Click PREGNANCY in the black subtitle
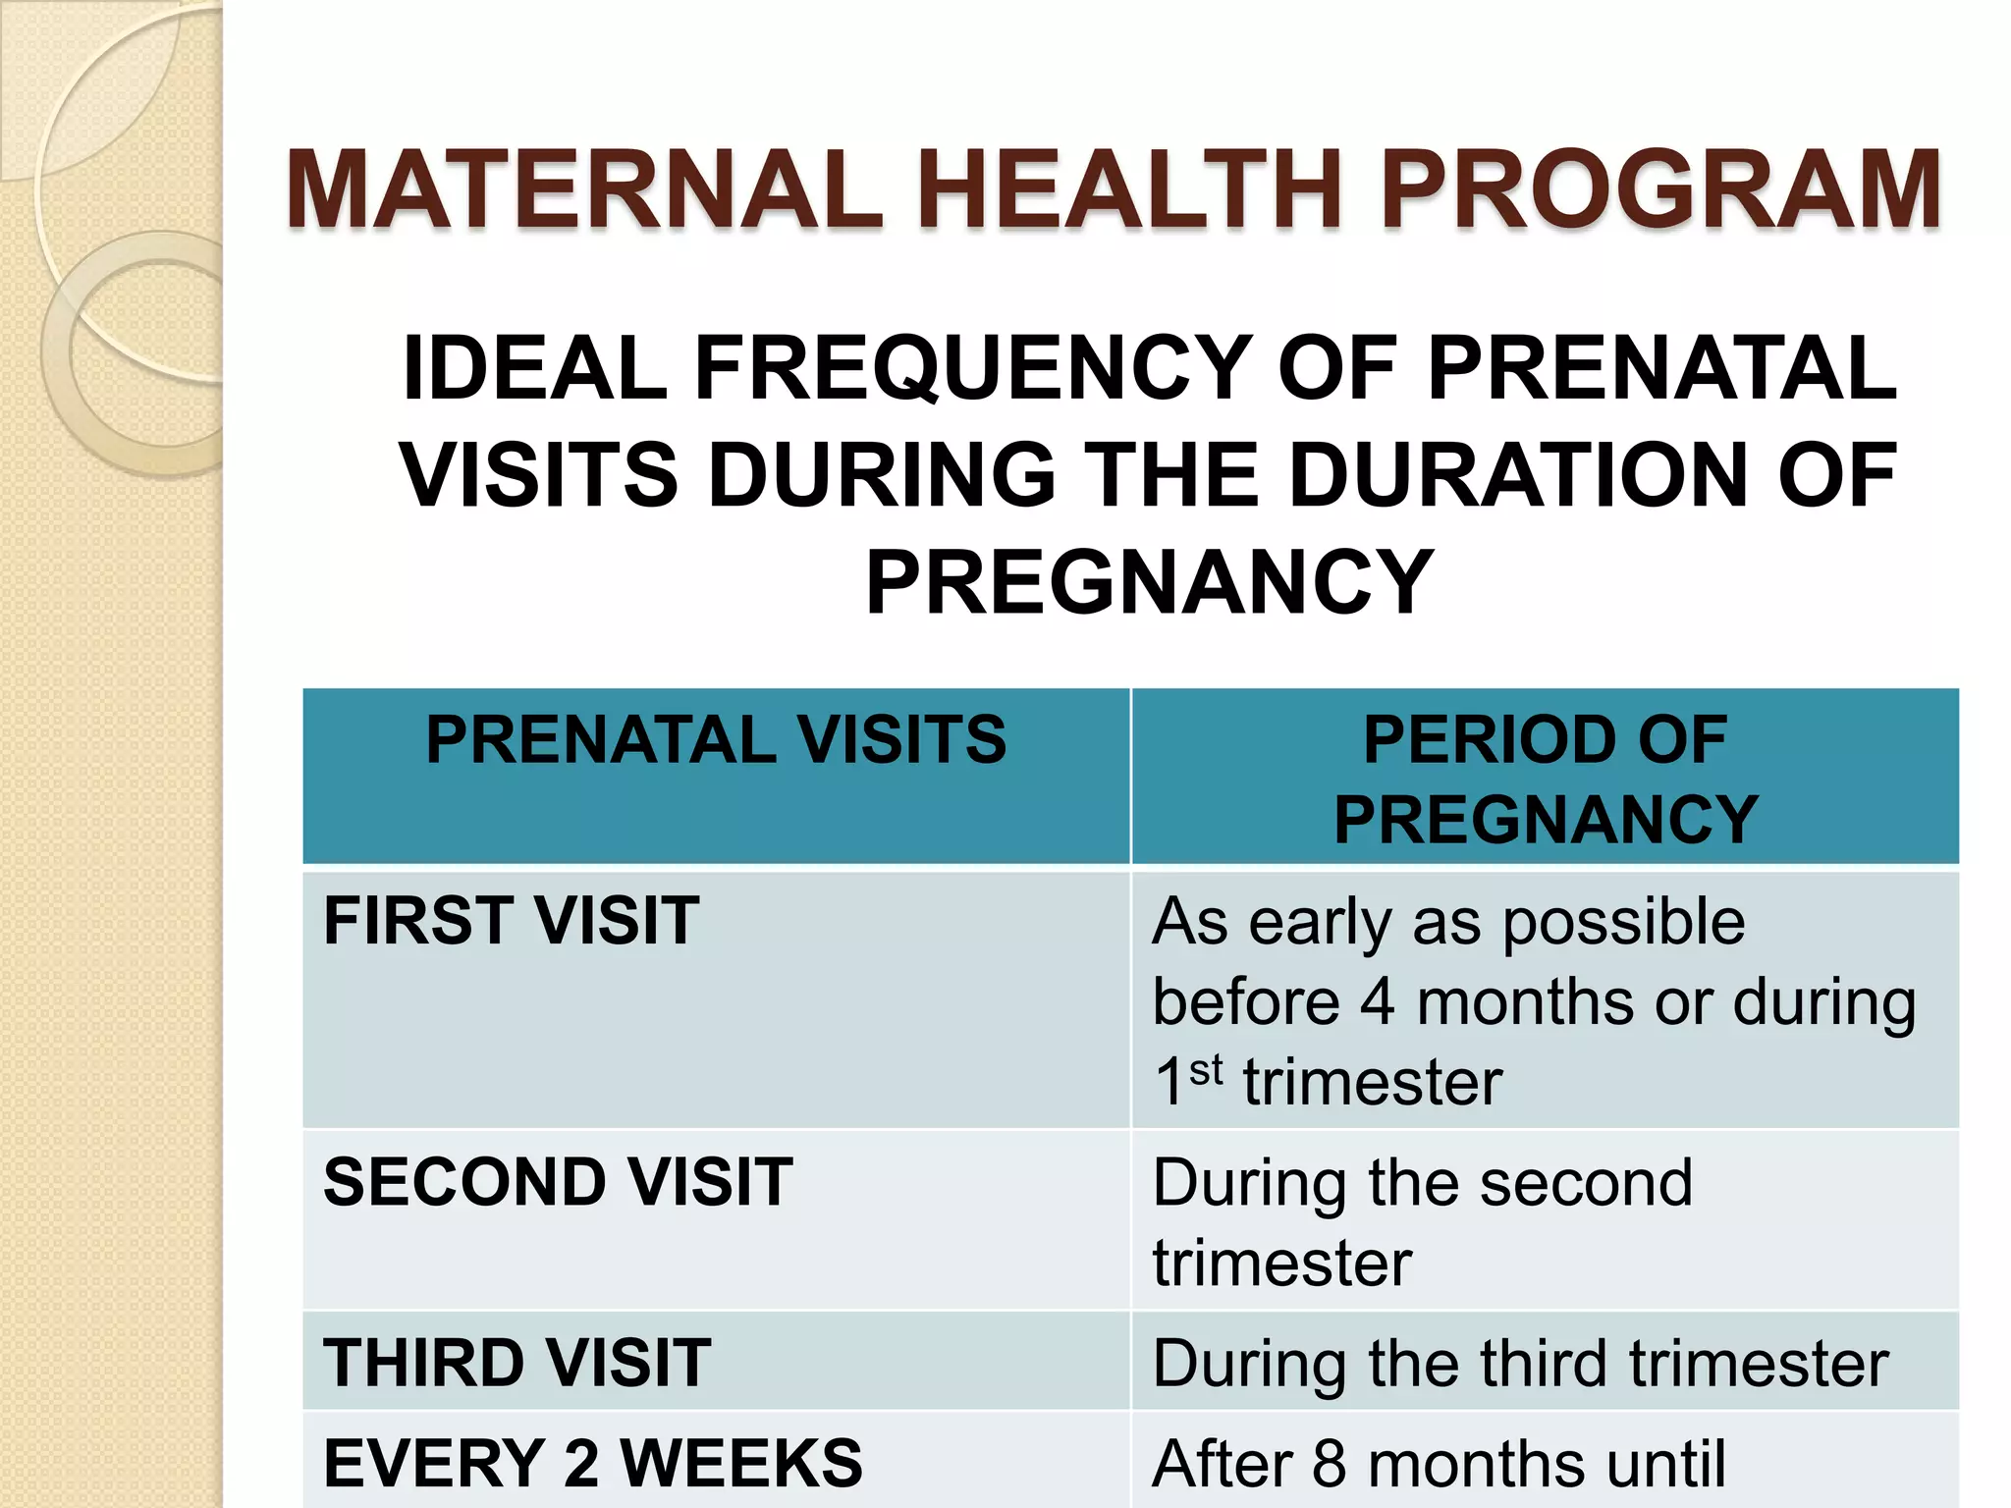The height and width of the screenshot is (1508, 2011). pos(1149,582)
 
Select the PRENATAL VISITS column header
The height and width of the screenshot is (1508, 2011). pos(716,739)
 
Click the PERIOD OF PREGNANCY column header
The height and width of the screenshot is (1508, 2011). pos(1545,779)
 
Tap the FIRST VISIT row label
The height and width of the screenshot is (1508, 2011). pos(511,921)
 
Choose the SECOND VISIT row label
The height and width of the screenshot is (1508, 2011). pos(558,1181)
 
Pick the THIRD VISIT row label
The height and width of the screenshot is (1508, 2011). pos(516,1363)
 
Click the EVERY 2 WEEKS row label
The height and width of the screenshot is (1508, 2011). pos(593,1463)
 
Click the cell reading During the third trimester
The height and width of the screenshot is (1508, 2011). pos(1520,1363)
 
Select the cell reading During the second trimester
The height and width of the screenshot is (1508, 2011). pos(1422,1221)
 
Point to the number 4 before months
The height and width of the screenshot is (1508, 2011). pos(1378,1002)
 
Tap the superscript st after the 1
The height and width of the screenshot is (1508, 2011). pos(1206,1070)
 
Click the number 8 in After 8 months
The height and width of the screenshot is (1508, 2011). pos(1328,1463)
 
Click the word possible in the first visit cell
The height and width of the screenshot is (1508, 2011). pos(1623,923)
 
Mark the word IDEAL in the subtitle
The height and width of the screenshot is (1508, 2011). pos(535,368)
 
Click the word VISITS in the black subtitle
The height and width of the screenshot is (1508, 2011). pos(538,475)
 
